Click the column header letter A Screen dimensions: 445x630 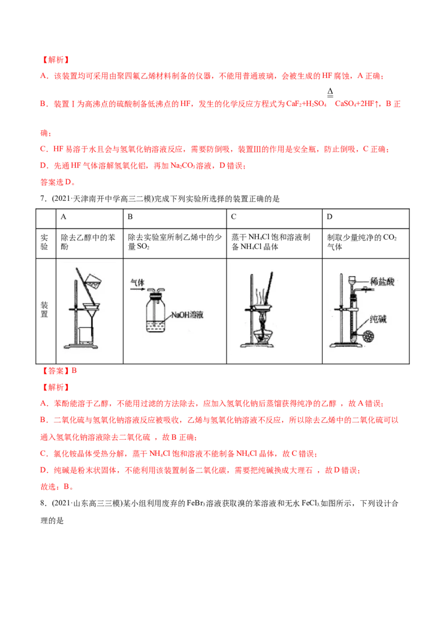click(x=63, y=216)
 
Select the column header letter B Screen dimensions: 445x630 click(x=130, y=216)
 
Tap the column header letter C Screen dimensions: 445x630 click(x=234, y=216)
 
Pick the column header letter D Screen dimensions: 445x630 click(x=330, y=216)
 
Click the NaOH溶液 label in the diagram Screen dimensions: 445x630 click(x=187, y=314)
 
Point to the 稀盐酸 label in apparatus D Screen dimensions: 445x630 click(x=382, y=281)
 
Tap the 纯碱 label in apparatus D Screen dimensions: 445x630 click(x=378, y=319)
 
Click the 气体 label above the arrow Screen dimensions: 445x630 click(x=137, y=283)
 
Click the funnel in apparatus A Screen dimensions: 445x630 click(x=92, y=311)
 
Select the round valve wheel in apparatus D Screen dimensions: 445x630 click(x=368, y=336)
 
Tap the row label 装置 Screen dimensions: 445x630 click(x=44, y=309)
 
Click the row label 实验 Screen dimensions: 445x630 click(x=44, y=242)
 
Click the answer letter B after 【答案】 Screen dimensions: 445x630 click(x=74, y=371)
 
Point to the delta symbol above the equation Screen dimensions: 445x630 click(x=330, y=92)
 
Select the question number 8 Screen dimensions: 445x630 click(x=43, y=503)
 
